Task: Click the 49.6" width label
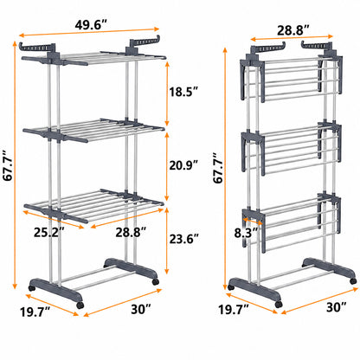91,25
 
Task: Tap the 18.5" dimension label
183,92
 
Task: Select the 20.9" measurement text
183,165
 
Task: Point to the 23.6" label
183,239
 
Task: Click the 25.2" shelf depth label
48,232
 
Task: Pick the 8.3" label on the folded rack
246,233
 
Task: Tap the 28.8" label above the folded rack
293,30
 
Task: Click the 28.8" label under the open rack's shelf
131,232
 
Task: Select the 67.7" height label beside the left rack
8,165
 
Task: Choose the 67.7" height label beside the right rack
218,167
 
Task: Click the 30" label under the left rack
141,309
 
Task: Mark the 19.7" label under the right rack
234,310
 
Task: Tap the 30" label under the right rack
337,307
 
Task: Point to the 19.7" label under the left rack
35,312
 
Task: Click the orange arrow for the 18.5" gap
166,93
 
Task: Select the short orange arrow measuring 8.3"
253,222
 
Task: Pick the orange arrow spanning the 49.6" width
89,32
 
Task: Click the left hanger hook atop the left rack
37,46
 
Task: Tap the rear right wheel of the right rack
353,281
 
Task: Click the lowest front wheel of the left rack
80,305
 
